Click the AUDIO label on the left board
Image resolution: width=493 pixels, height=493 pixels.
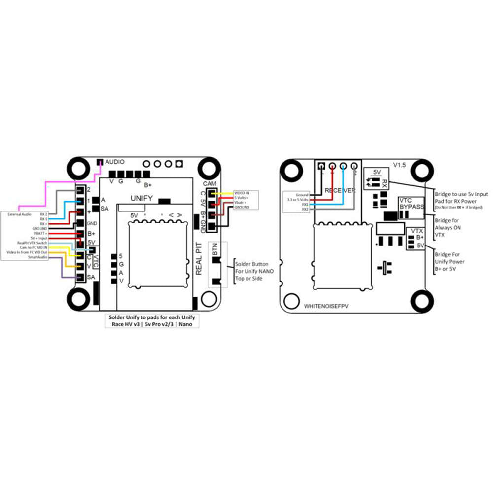tap(115, 161)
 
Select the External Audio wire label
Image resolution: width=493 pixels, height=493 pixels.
tap(19, 214)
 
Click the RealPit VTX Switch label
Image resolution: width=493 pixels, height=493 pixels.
tap(32, 243)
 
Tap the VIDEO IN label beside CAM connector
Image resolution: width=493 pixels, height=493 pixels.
tap(242, 193)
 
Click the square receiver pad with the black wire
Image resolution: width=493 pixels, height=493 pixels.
tap(322, 166)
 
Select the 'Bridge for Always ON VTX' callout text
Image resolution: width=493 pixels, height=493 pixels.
tap(447, 228)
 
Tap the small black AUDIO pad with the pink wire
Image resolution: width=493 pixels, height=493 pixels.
tap(100, 162)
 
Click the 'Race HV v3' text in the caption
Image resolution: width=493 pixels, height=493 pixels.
tap(126, 325)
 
